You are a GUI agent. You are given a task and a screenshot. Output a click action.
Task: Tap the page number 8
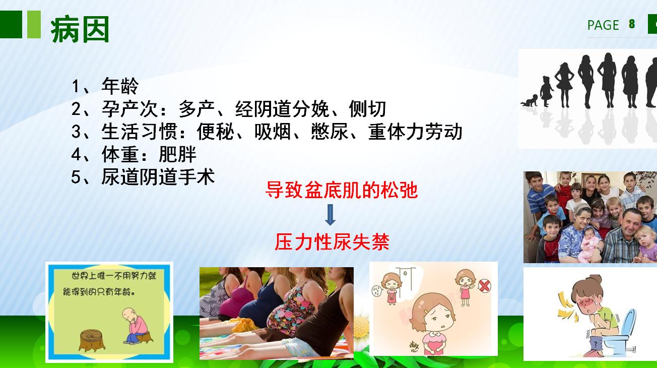point(632,24)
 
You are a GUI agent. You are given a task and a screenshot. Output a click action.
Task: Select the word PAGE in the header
point(603,25)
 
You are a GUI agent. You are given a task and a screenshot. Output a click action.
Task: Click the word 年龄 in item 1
point(120,86)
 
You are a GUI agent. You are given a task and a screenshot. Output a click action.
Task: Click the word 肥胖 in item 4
point(178,154)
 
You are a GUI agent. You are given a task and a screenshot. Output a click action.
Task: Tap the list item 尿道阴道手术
point(158,176)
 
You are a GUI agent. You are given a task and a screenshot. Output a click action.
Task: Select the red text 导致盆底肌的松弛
point(342,191)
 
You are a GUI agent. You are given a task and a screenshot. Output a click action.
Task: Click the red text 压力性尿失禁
point(332,242)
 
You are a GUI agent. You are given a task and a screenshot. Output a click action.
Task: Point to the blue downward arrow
point(330,216)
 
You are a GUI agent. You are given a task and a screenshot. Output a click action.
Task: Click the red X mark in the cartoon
point(485,286)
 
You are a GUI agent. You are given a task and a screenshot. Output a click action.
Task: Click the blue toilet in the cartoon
point(625,330)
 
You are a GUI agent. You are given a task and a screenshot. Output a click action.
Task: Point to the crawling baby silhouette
point(529,100)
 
